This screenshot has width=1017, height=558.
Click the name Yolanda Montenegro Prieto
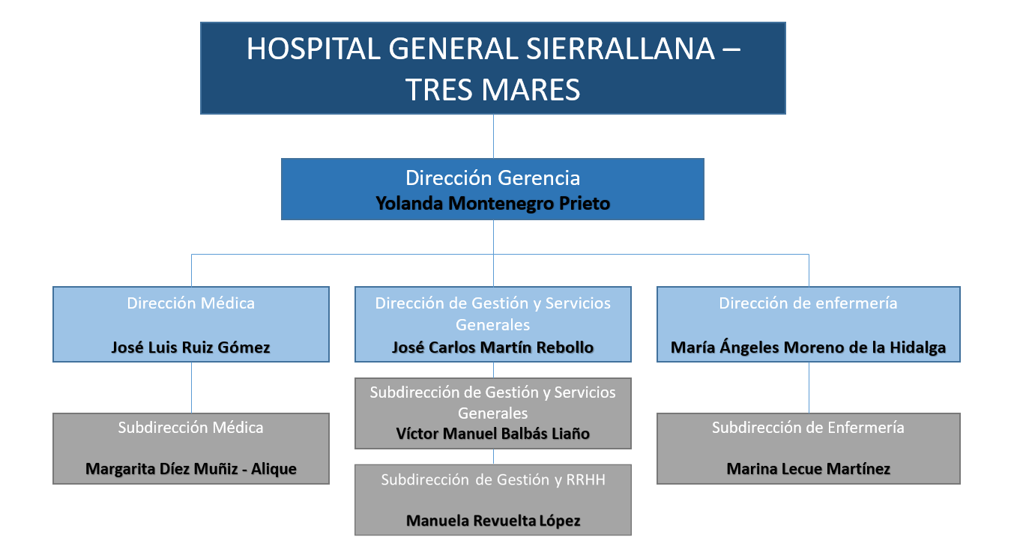point(492,203)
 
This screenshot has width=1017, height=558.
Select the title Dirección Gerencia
point(492,178)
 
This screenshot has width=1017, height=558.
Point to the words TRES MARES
point(492,89)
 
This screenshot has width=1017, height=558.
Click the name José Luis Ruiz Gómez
point(190,348)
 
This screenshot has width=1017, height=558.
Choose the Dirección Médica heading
point(190,303)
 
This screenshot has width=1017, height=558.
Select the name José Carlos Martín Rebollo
point(492,348)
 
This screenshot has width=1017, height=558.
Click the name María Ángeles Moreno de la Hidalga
point(808,348)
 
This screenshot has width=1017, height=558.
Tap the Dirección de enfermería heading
point(808,303)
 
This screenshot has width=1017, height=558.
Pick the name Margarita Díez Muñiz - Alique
point(190,470)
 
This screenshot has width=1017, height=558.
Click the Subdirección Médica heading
point(190,428)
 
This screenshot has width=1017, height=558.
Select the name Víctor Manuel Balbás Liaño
point(492,434)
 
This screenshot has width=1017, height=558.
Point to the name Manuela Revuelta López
point(492,521)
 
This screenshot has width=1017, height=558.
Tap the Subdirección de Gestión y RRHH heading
point(492,480)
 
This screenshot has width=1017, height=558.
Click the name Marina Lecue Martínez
point(808,470)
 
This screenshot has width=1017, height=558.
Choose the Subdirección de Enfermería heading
point(808,428)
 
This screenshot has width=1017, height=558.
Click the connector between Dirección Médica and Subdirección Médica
point(191,387)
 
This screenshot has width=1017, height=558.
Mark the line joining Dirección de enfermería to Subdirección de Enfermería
point(809,387)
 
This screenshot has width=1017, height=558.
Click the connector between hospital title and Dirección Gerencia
point(493,136)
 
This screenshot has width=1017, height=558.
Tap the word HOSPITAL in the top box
point(314,49)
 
